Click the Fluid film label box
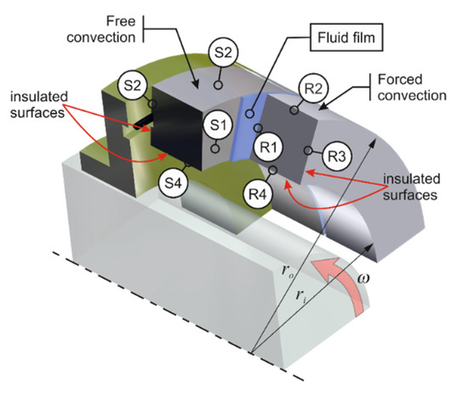click(x=346, y=37)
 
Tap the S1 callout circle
click(x=218, y=125)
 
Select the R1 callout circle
click(x=267, y=147)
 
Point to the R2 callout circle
click(x=313, y=89)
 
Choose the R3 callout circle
click(x=337, y=156)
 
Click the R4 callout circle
click(x=257, y=195)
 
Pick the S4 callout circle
click(x=173, y=183)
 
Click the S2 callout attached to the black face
click(x=132, y=86)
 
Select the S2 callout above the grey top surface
click(x=223, y=53)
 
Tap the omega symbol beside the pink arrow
click(x=363, y=278)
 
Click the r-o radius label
click(x=288, y=271)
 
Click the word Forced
click(x=400, y=79)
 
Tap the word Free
click(x=121, y=21)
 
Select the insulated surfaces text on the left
click(x=39, y=105)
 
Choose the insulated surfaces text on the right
click(x=411, y=187)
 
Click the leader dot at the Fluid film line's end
click(x=250, y=113)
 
